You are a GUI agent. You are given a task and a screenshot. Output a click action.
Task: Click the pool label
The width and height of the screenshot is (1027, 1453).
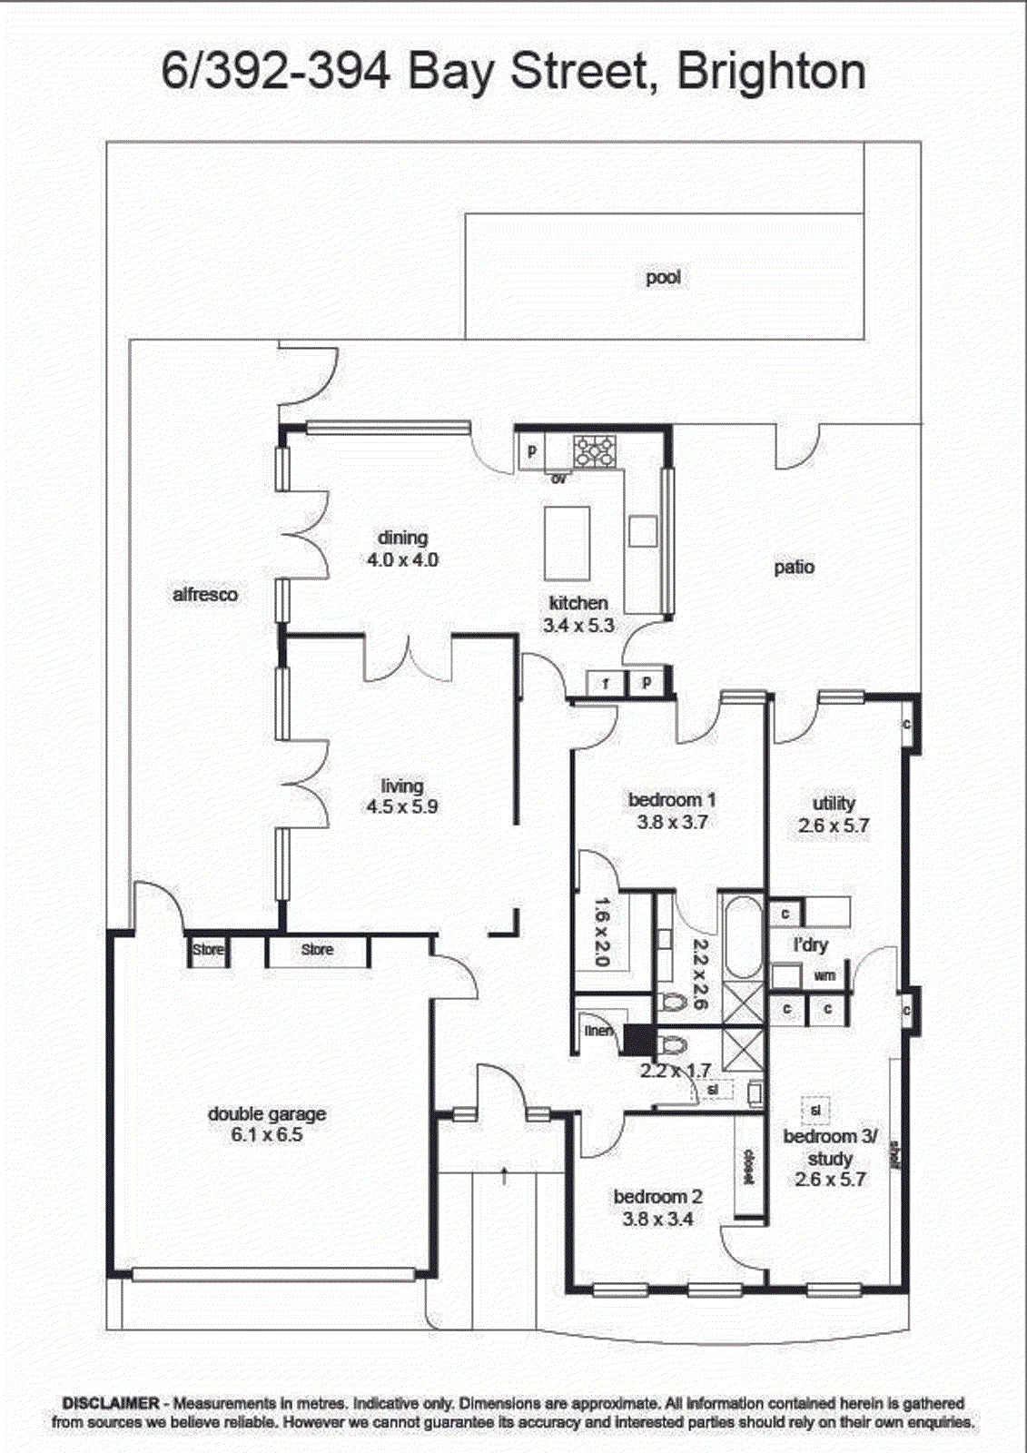pos(663,278)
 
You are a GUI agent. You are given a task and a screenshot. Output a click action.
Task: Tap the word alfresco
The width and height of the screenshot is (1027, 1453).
pos(205,594)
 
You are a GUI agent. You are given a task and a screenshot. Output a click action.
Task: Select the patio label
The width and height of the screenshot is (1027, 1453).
pos(795,567)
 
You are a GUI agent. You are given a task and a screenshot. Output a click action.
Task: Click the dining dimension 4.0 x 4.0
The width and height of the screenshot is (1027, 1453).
pos(402,559)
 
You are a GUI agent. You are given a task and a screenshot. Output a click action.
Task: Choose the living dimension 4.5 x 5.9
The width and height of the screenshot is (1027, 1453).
pos(402,807)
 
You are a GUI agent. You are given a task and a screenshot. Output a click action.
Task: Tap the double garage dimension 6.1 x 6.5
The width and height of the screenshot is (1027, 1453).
pos(267,1135)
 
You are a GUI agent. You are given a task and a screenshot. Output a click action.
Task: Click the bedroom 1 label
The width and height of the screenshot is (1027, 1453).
pos(672,800)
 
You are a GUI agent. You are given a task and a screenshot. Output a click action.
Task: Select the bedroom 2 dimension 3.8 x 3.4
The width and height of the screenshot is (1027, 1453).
pos(657,1219)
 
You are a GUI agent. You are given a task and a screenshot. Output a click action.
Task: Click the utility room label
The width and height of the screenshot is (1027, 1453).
pos(834,804)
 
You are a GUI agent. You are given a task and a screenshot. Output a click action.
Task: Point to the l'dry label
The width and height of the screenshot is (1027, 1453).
pos(811,945)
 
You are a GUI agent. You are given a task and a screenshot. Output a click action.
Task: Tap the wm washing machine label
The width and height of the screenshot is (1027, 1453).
pos(825,975)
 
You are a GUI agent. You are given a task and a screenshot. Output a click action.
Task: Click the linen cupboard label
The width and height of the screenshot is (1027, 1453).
pos(597,1030)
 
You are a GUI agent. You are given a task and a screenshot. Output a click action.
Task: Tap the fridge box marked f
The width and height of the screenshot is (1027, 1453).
pos(606,683)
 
